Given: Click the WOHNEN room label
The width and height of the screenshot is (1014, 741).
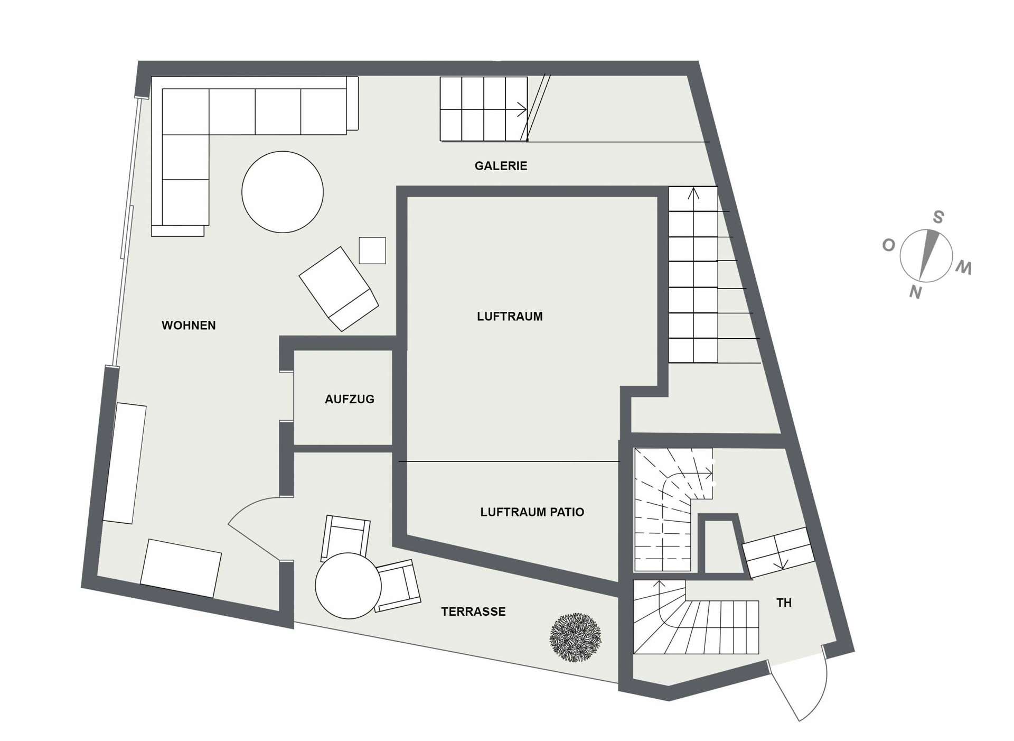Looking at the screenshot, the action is point(189,326).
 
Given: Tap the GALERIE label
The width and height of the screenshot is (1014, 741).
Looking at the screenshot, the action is point(501,166).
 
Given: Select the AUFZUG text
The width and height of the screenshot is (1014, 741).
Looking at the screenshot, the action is point(350,400).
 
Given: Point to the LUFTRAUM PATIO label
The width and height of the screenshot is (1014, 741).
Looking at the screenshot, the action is point(532,512).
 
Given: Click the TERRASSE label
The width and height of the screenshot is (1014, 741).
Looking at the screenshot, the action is point(473,612).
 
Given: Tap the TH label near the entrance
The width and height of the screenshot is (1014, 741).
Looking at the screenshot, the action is point(784,603).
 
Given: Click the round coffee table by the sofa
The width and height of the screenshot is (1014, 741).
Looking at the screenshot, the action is point(283,192).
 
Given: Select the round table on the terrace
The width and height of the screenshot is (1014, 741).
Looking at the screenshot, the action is point(348,586).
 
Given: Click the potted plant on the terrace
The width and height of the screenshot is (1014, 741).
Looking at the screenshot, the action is point(576,637).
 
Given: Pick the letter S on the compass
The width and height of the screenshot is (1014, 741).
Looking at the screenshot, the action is point(938,217).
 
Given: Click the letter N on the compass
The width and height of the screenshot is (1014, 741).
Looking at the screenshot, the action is point(915,292).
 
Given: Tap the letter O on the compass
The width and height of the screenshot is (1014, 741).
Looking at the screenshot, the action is point(889,245).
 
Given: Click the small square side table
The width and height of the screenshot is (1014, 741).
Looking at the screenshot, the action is point(372,251).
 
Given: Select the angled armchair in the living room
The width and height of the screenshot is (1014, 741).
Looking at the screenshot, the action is point(339,289).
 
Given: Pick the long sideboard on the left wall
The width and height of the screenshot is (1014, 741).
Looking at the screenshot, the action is point(125,464).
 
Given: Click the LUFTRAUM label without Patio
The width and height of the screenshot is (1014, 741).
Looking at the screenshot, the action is point(510,317).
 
